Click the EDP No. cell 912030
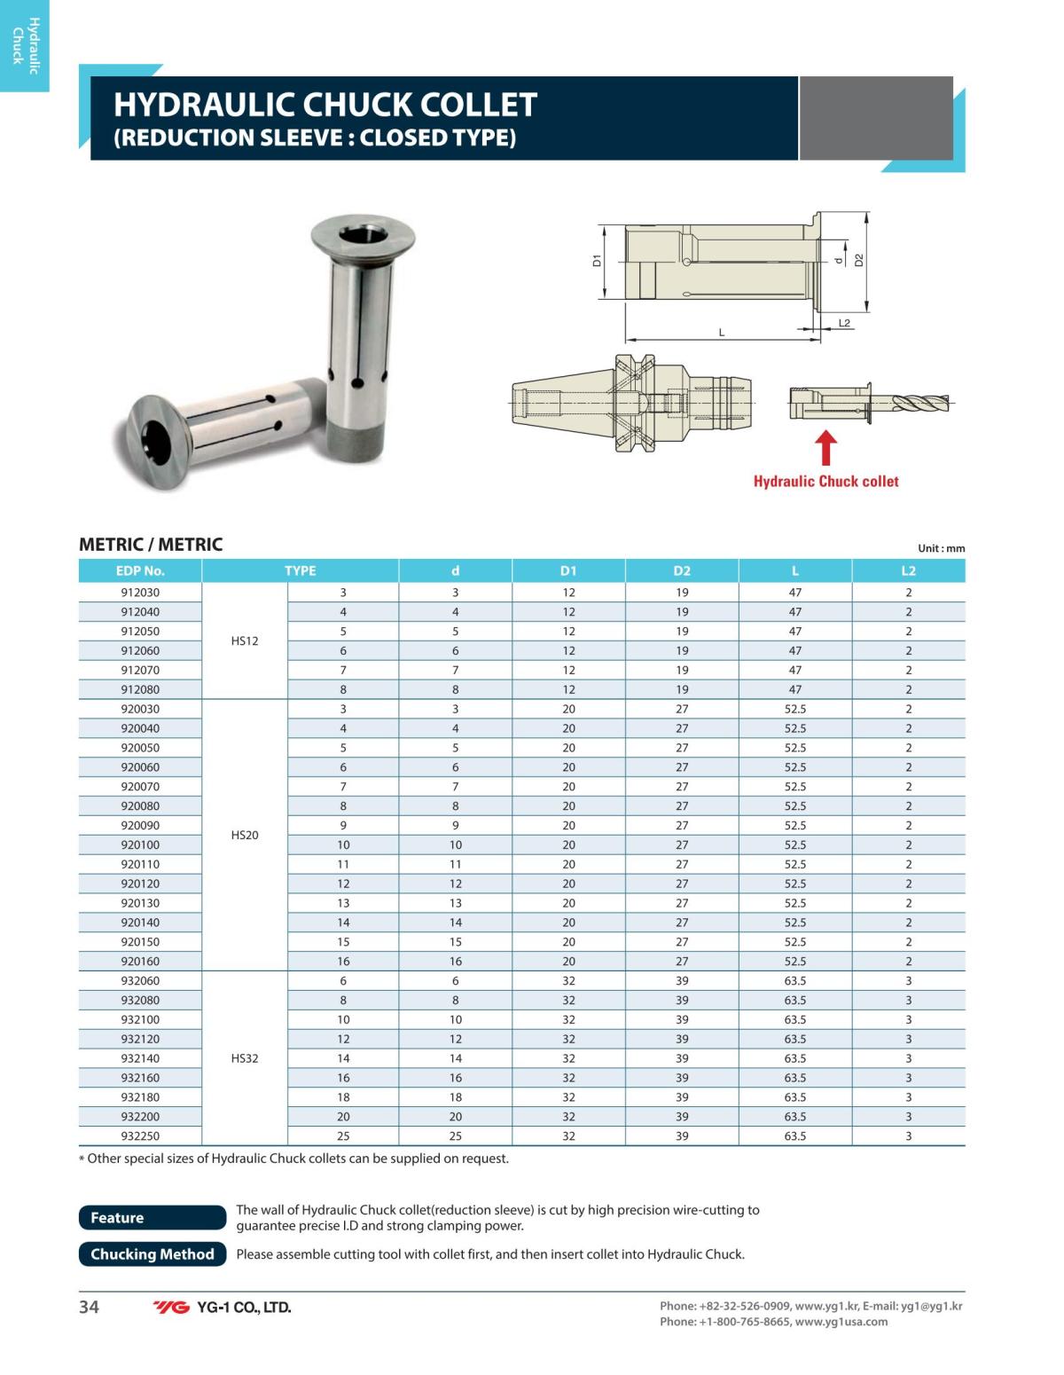point(140,593)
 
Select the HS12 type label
point(245,640)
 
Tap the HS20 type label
point(245,835)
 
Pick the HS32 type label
point(245,1058)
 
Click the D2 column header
point(681,570)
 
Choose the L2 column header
point(908,570)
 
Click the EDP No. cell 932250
point(140,1135)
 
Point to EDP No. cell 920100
point(140,845)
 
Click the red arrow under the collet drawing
point(825,447)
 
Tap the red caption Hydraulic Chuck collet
point(825,482)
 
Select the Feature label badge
point(153,1218)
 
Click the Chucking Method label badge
point(153,1254)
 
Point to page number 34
point(90,1307)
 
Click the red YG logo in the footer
point(171,1308)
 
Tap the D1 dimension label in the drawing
point(598,261)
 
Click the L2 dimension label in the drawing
point(844,323)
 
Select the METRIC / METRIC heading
point(151,545)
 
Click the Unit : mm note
point(941,548)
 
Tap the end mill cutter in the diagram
point(918,405)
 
